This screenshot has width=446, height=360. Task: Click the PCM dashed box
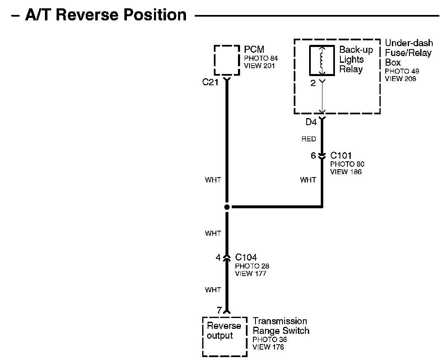(227, 60)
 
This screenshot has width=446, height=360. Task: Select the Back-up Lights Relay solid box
(322, 60)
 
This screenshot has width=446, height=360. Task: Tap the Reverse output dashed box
(224, 336)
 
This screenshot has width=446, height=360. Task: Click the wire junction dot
(227, 207)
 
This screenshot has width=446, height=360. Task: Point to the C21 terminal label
(211, 82)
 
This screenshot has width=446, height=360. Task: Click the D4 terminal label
(311, 122)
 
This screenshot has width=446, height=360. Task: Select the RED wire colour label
(309, 139)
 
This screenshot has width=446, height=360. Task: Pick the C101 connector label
(341, 156)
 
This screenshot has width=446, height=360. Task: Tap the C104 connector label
(246, 258)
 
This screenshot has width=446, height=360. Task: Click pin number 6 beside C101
(313, 156)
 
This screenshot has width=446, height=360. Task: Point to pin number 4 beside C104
(218, 258)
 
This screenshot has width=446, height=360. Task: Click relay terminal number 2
(313, 83)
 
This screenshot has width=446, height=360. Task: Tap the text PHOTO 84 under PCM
(261, 59)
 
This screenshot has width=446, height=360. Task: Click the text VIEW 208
(400, 79)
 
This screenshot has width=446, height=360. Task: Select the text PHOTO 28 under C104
(252, 266)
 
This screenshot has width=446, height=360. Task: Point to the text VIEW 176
(268, 347)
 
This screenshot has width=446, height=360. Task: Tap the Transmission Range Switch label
(281, 326)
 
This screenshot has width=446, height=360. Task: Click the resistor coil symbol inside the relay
(322, 59)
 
